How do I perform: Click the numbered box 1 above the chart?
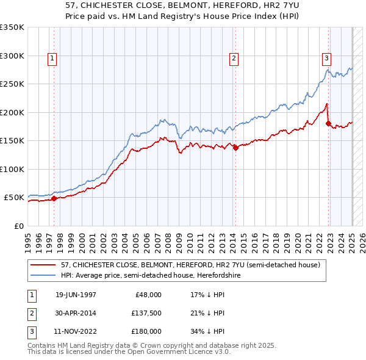[52, 59]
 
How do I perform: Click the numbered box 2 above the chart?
[234, 59]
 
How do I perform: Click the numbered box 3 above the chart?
[326, 59]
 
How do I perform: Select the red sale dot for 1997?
[54, 198]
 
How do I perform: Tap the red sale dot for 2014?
[235, 147]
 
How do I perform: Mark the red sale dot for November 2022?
[328, 124]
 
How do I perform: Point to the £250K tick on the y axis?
[12, 84]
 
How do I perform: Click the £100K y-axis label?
[12, 169]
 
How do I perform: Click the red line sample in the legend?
[44, 264]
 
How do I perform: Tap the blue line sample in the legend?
[44, 275]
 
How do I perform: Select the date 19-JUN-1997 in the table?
[76, 295]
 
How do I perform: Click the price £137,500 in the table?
[145, 313]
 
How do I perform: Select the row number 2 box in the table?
[30, 313]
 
